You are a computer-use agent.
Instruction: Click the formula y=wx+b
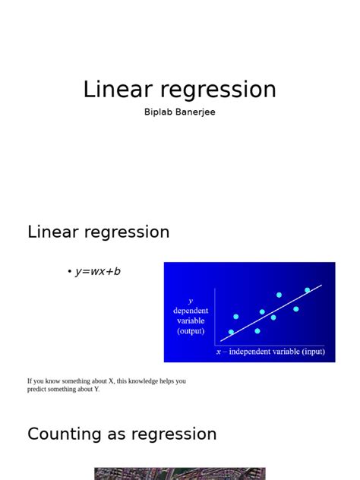pyautogui.click(x=98, y=271)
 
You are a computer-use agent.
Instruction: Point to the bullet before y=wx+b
pyautogui.click(x=69, y=272)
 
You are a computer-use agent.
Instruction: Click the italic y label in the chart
pyautogui.click(x=190, y=301)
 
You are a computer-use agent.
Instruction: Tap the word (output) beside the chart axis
pyautogui.click(x=190, y=330)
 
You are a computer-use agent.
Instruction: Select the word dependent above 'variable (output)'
pyautogui.click(x=190, y=311)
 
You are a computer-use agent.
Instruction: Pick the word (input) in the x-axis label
pyautogui.click(x=311, y=352)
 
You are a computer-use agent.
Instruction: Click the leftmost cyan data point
pyautogui.click(x=231, y=333)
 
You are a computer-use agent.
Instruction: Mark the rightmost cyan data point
pyautogui.click(x=308, y=290)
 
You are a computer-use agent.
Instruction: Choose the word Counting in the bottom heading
pyautogui.click(x=64, y=434)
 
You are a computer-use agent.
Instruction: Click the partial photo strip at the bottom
pyautogui.click(x=180, y=474)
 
